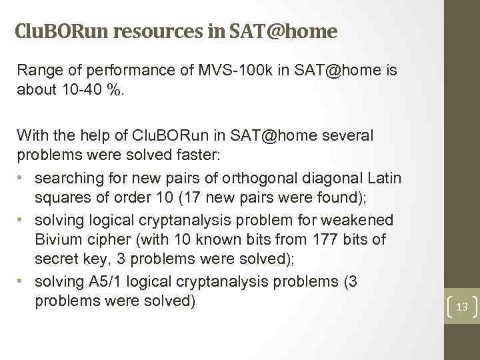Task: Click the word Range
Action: click(39, 71)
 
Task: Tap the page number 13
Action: click(461, 307)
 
